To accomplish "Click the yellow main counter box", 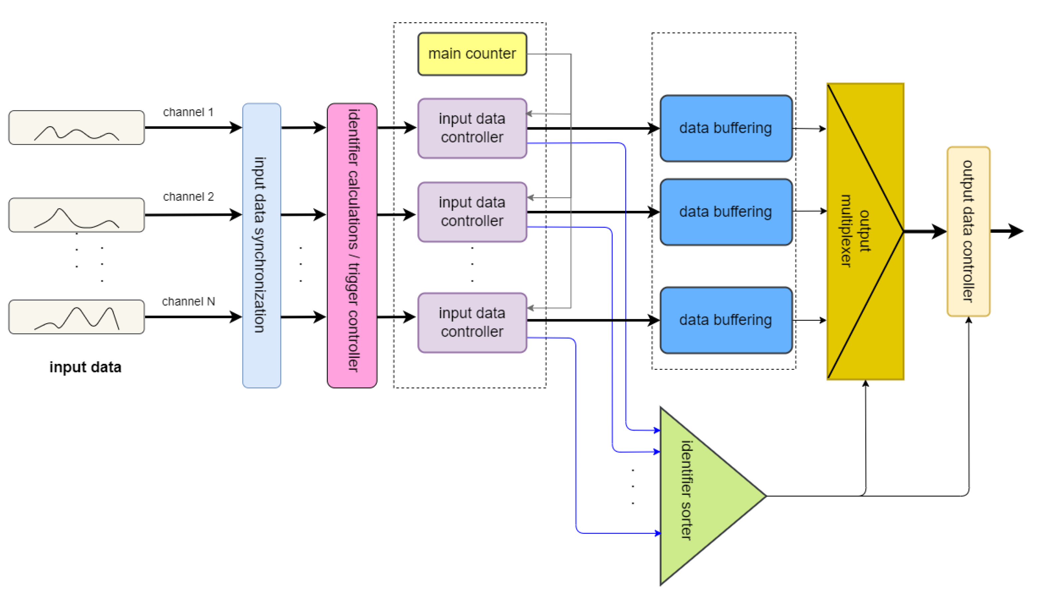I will point(472,54).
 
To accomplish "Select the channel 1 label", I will point(188,112).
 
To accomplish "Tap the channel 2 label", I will point(188,197).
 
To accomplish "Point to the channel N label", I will point(188,302).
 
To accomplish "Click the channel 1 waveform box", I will point(77,128).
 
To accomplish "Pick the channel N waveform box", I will point(77,317).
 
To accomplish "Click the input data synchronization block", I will point(262,245).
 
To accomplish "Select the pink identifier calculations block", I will point(352,245).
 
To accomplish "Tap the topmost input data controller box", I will point(472,128).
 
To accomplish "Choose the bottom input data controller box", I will point(472,323).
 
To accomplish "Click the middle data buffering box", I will point(726,212).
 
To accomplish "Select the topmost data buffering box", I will point(726,128).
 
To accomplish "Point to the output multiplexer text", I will point(856,231).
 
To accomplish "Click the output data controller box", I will point(968,232).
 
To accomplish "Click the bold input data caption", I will point(85,367).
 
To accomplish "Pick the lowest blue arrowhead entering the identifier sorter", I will point(658,533).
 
